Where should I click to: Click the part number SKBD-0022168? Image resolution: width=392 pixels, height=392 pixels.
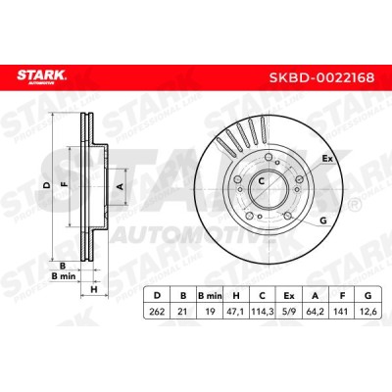pyautogui.click(x=321, y=78)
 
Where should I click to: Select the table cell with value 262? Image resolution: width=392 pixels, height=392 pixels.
pyautogui.click(x=157, y=312)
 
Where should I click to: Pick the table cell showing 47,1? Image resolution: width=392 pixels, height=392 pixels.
pyautogui.click(x=236, y=312)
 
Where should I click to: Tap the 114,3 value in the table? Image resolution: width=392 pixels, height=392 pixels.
pyautogui.click(x=262, y=312)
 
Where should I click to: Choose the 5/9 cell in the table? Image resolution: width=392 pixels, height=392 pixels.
pyautogui.click(x=289, y=312)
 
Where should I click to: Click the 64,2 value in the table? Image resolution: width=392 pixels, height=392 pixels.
pyautogui.click(x=315, y=312)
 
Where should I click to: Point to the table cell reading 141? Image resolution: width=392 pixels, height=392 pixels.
pyautogui.click(x=342, y=312)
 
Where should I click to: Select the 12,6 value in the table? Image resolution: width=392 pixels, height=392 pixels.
pyautogui.click(x=368, y=312)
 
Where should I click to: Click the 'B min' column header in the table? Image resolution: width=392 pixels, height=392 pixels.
pyautogui.click(x=210, y=296)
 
